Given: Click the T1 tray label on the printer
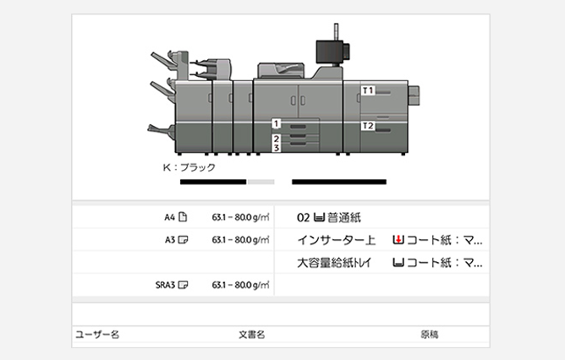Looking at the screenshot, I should (x=367, y=89).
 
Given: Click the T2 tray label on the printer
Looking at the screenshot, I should (x=367, y=126).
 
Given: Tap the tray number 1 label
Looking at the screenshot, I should (x=277, y=123).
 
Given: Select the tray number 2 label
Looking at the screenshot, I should (x=277, y=137).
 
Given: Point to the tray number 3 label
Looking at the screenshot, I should (x=277, y=147).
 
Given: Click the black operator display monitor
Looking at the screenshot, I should (x=327, y=49).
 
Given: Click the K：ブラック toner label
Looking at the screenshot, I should (x=189, y=167).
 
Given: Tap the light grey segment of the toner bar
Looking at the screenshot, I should (x=261, y=182).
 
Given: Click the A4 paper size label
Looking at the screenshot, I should (x=170, y=217).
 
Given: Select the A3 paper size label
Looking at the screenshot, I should (x=170, y=239).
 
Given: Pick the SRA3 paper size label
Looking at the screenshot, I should (x=165, y=284).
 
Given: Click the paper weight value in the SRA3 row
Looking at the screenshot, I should (x=240, y=284).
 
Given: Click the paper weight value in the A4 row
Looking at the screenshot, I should (x=240, y=217).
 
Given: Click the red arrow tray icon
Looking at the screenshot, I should (x=398, y=240).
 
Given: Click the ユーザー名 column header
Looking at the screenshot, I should (x=97, y=335).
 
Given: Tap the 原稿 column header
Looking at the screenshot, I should (x=430, y=335).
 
